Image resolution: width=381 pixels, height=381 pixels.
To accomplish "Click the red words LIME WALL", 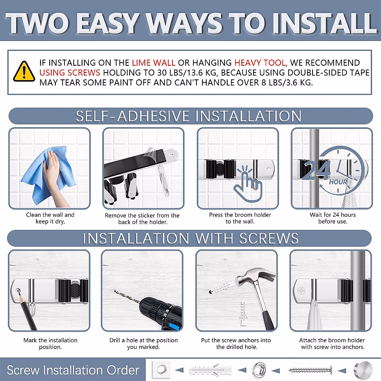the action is coord(154,63).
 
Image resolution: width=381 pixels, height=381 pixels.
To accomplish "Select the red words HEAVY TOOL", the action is coord(260,63).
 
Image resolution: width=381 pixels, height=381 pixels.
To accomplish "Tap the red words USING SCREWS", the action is coord(70,73).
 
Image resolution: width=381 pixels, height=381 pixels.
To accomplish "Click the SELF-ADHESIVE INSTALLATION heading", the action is coord(189,116).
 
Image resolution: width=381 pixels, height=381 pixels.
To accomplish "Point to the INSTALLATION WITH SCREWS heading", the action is coord(190,238).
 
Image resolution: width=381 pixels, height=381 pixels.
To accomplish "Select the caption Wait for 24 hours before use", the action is coord(333,218).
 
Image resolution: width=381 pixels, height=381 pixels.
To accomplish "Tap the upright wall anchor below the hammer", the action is coord(244,314).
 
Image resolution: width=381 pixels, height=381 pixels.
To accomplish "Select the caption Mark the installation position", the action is coord(50,344).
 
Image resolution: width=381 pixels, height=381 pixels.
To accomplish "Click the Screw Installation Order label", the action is coord(73,370).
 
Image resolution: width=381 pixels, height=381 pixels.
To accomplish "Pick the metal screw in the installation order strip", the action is coord(310,370).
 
